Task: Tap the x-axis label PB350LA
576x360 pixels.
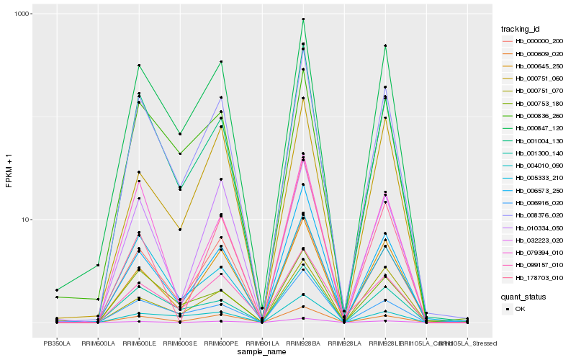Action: coord(56,343)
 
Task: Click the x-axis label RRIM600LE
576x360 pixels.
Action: coord(138,343)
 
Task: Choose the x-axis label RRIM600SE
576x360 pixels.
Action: coord(179,343)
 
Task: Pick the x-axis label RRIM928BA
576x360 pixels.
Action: coord(303,343)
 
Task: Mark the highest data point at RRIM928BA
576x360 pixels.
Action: coord(303,19)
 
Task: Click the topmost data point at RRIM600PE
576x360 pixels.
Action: coord(221,62)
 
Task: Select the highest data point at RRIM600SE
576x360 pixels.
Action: coord(180,134)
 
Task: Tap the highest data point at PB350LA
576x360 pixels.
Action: coord(56,289)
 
